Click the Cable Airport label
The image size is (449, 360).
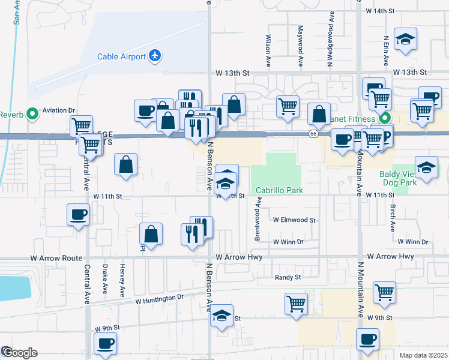[122, 56]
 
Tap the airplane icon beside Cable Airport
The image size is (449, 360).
[155, 56]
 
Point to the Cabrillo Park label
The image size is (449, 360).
[279, 190]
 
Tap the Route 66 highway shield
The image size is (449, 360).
[313, 134]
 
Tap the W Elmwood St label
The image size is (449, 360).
[294, 220]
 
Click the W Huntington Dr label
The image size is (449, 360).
[159, 298]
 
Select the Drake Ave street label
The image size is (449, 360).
[106, 278]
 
